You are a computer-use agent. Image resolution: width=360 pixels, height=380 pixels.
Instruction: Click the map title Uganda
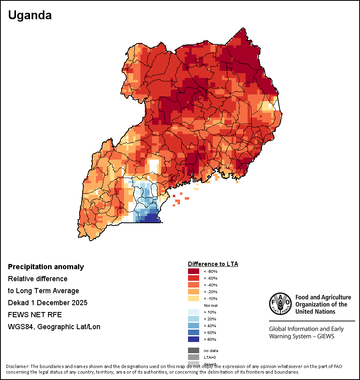30,16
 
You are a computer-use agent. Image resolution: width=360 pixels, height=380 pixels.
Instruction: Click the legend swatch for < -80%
193,271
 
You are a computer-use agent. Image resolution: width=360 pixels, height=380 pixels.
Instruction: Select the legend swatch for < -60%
193,278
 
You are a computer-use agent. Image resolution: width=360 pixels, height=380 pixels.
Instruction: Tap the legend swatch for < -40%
193,285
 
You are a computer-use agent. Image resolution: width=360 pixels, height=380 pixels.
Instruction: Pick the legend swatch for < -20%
193,292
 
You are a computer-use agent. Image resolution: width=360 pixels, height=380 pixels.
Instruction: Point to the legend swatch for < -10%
193,298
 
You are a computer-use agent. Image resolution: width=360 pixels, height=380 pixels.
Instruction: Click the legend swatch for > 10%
193,312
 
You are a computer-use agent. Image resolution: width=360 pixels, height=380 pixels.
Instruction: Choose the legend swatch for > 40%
193,326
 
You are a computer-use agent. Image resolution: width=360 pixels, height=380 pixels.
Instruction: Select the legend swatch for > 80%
193,339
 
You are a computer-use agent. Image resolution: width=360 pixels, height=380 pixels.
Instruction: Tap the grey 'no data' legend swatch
193,350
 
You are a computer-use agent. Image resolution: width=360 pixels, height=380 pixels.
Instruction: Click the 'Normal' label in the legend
210,305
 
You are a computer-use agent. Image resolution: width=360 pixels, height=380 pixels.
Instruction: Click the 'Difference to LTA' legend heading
213,264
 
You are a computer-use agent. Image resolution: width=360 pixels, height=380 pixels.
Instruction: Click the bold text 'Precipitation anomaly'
46,267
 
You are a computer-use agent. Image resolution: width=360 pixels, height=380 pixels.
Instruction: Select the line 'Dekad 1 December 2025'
48,303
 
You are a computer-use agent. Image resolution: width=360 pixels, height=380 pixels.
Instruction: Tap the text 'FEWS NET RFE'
35,315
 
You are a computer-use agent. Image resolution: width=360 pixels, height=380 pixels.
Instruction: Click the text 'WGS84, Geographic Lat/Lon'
54,327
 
